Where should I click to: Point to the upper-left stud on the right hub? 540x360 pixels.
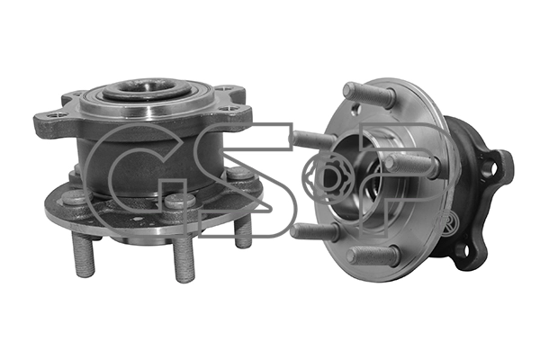click(311, 139)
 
